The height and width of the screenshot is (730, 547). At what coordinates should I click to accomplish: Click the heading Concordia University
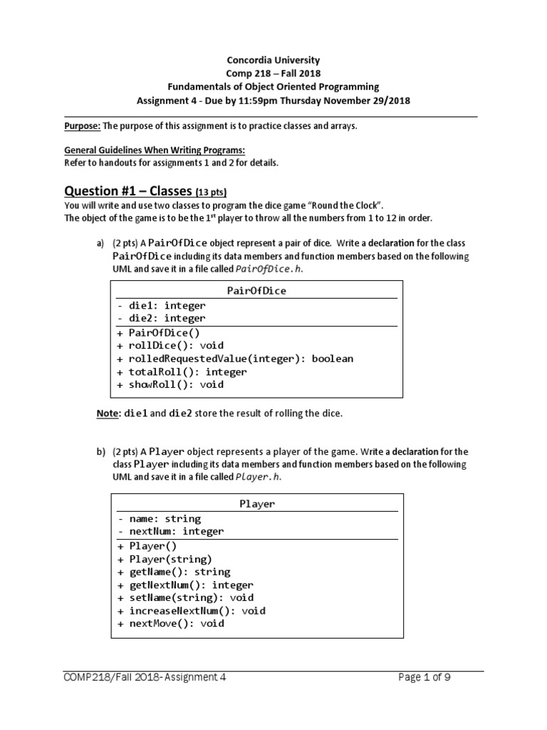[x=273, y=61]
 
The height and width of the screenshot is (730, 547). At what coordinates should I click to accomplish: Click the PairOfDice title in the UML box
[x=256, y=291]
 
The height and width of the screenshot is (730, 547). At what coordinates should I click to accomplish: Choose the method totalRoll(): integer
[x=187, y=371]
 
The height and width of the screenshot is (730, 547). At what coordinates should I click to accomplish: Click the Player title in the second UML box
[x=256, y=504]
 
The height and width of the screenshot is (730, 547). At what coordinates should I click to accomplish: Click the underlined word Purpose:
[x=83, y=126]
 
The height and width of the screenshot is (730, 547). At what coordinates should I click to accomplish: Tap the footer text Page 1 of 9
[x=424, y=678]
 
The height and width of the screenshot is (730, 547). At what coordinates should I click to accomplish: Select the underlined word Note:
[x=108, y=413]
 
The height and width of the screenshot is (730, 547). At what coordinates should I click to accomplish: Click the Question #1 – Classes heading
[x=128, y=191]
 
